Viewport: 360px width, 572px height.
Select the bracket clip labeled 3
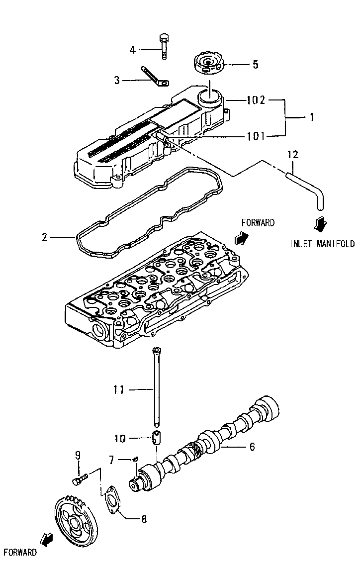pos(155,76)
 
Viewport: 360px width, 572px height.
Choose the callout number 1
pos(312,117)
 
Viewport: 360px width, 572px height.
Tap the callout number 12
pos(292,155)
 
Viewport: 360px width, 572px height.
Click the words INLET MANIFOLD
pos(323,244)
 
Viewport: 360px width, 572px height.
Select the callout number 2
pos(45,237)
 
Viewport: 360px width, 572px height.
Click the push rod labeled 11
pos(157,388)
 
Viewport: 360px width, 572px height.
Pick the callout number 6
pos(252,447)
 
